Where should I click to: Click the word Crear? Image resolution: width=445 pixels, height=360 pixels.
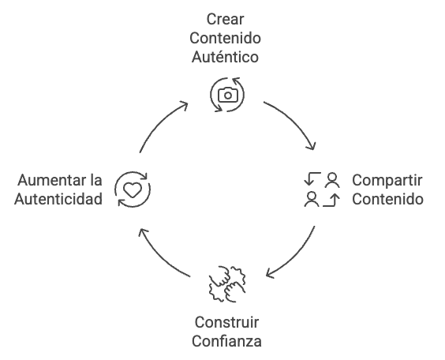click(x=225, y=20)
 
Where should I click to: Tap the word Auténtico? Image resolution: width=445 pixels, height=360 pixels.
click(x=225, y=57)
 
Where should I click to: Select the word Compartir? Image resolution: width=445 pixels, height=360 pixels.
click(x=387, y=181)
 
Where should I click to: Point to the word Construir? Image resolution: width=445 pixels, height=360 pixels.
click(x=226, y=323)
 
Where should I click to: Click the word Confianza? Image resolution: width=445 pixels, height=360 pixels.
click(x=226, y=341)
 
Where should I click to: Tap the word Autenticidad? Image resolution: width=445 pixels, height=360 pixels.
click(x=58, y=199)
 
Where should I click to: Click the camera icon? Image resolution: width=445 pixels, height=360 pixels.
click(x=228, y=95)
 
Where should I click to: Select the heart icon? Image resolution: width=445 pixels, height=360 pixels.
click(x=133, y=189)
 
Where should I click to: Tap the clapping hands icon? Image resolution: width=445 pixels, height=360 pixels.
click(x=227, y=284)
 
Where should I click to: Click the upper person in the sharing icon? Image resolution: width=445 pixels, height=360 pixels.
click(x=332, y=180)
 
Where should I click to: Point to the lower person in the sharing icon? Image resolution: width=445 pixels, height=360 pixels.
click(x=312, y=199)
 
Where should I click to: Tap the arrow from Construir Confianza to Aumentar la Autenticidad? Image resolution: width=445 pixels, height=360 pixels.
click(x=160, y=258)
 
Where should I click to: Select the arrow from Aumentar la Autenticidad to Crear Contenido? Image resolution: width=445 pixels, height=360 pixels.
click(x=159, y=123)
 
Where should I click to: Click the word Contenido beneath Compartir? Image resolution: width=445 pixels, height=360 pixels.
click(x=387, y=199)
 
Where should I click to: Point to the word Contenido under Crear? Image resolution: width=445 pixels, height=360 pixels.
click(x=225, y=39)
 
